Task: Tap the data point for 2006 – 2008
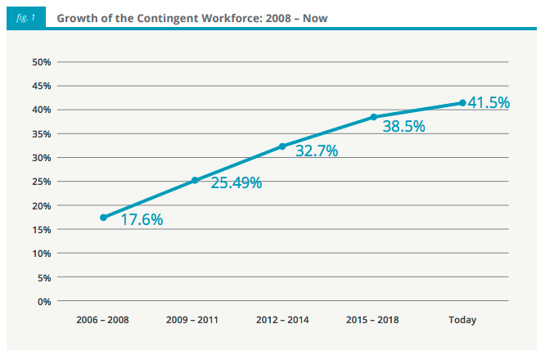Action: [x=103, y=218]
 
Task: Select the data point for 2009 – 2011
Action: [x=195, y=181]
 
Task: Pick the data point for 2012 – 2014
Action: [x=282, y=146]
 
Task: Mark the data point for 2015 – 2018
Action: [x=373, y=117]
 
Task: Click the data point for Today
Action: [x=462, y=103]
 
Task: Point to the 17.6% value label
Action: [x=142, y=219]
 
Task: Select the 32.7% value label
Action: [x=317, y=151]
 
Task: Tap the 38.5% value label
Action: [x=404, y=127]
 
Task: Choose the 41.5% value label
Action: [x=489, y=103]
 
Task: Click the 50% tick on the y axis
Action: [x=41, y=62]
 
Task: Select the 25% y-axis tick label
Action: [x=41, y=182]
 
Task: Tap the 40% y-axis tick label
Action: [x=41, y=110]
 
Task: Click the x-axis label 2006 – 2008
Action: [x=102, y=320]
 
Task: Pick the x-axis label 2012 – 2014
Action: [x=282, y=320]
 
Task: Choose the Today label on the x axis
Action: [x=462, y=320]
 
